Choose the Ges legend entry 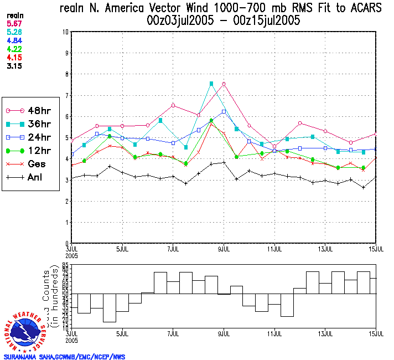(x=28, y=164)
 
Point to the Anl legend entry (x=28, y=177)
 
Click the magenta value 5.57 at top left (x=13, y=24)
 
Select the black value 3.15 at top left (x=13, y=65)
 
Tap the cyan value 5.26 (x=13, y=32)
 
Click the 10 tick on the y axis (x=65, y=32)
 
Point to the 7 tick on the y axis (x=66, y=95)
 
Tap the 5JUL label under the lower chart (x=122, y=333)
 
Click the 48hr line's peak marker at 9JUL (x=224, y=84)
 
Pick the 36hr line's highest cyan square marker (x=211, y=84)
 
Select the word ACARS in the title (x=359, y=9)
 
